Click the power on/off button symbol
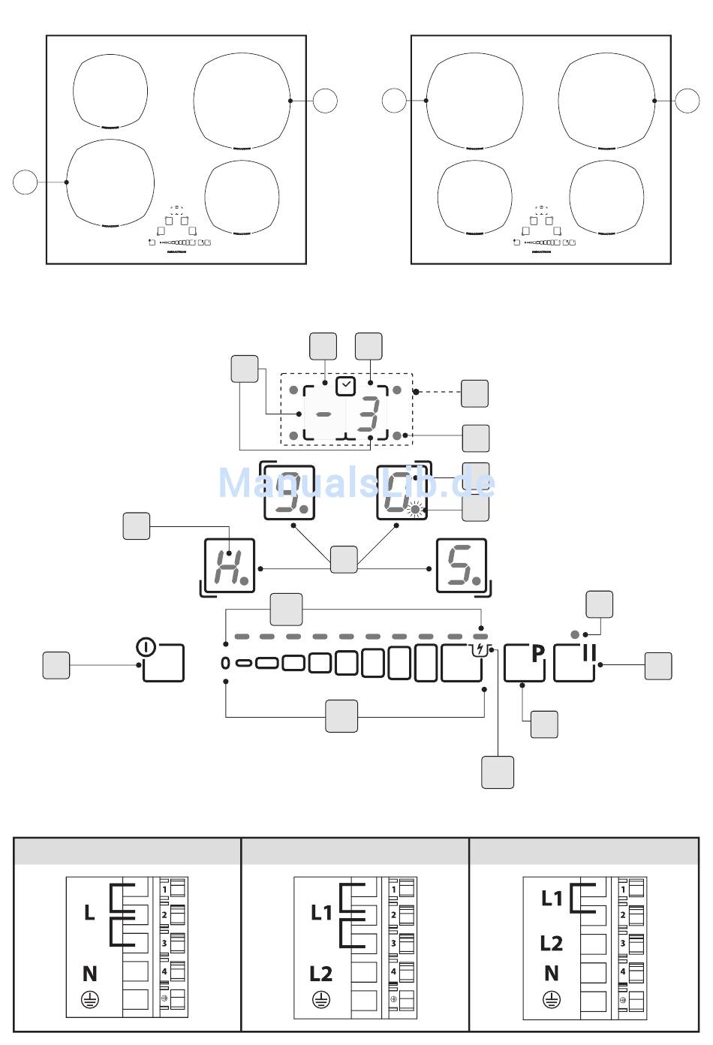coord(146,646)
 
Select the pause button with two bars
coord(588,654)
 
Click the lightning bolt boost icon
coord(480,649)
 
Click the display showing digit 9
coord(288,493)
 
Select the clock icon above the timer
coord(345,387)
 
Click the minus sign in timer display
coord(325,414)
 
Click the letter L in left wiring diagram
coord(89,913)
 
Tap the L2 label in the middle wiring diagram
coord(320,974)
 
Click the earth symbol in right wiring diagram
coord(552,1000)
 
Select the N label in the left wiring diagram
coord(89,974)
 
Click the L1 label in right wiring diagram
coord(552,898)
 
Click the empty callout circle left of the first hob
coord(25,182)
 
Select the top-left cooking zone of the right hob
coord(474,101)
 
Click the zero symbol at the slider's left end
coord(226,663)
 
